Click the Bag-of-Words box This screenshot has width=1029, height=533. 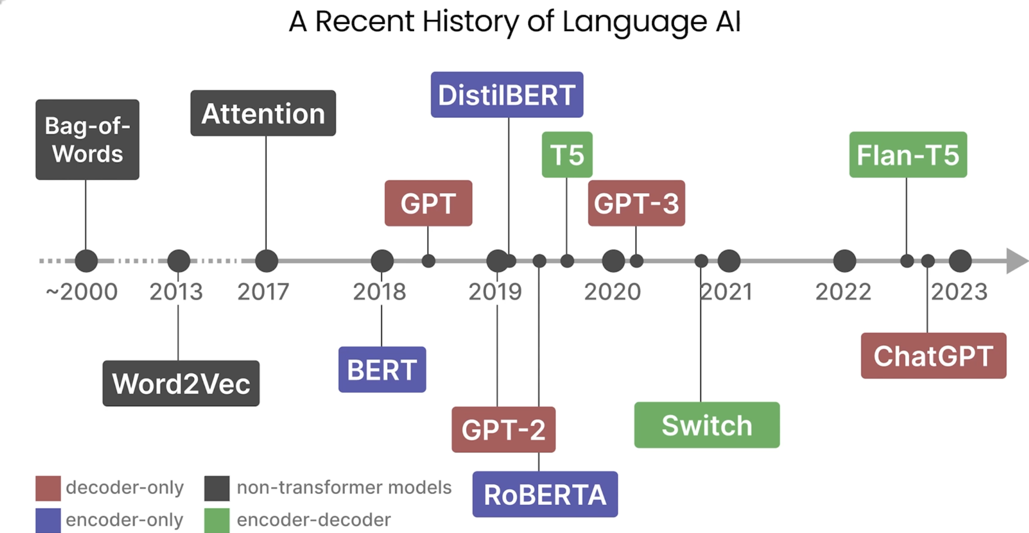point(88,140)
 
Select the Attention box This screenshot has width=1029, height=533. point(263,113)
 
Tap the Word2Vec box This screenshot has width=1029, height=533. point(181,383)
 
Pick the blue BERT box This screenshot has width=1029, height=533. point(382,369)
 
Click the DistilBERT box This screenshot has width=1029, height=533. point(507,95)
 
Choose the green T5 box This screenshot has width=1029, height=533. point(567,155)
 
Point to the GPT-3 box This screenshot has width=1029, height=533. point(636,203)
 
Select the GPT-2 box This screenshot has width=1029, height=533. point(504,429)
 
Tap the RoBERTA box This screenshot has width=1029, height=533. point(545,494)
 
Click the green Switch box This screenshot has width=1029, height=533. point(707,425)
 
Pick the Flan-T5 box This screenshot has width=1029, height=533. point(908,155)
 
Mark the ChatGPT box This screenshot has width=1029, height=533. point(933,355)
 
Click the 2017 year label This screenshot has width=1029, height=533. point(263,292)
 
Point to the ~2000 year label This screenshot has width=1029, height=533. point(82,292)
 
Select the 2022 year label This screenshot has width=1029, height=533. point(843,292)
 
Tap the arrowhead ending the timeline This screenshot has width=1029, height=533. point(1016,261)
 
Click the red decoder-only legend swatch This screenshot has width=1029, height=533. point(48,488)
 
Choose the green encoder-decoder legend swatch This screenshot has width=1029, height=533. point(217,520)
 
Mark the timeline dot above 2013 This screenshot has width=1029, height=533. point(179,261)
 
